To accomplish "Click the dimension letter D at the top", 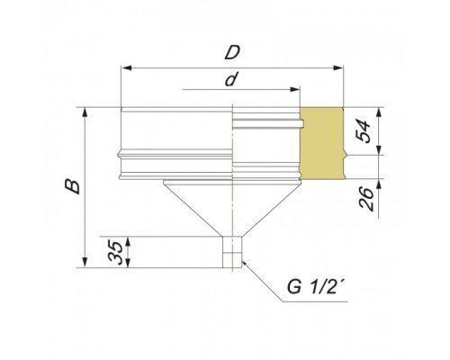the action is click(232, 52).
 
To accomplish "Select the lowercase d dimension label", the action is click(230, 80).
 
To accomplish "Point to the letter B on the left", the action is click(73, 186).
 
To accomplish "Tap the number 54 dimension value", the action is click(364, 130).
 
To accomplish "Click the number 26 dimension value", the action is click(366, 199).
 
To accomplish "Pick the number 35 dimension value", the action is click(116, 252).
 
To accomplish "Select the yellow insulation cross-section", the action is click(322, 143).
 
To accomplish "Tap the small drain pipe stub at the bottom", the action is click(232, 252).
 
